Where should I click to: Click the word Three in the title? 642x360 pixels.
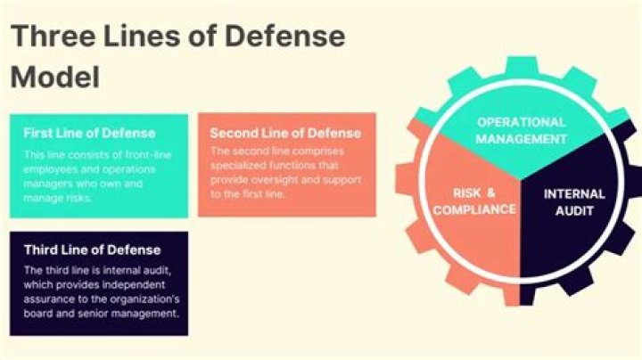(x=53, y=36)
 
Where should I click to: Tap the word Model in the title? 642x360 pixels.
(x=55, y=77)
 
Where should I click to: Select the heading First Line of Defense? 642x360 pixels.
(x=89, y=133)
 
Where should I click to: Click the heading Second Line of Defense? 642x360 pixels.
(x=285, y=133)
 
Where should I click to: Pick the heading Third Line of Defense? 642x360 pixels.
(x=92, y=250)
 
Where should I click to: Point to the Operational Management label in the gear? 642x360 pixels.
(x=522, y=130)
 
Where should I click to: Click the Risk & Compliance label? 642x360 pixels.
(x=474, y=200)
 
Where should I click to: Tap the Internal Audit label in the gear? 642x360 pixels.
(x=574, y=202)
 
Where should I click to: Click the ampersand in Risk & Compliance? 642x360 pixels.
(x=490, y=192)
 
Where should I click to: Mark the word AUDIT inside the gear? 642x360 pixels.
(x=574, y=210)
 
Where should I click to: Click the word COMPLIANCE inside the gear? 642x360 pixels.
(x=474, y=209)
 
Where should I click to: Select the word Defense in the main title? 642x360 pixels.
(x=284, y=36)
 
